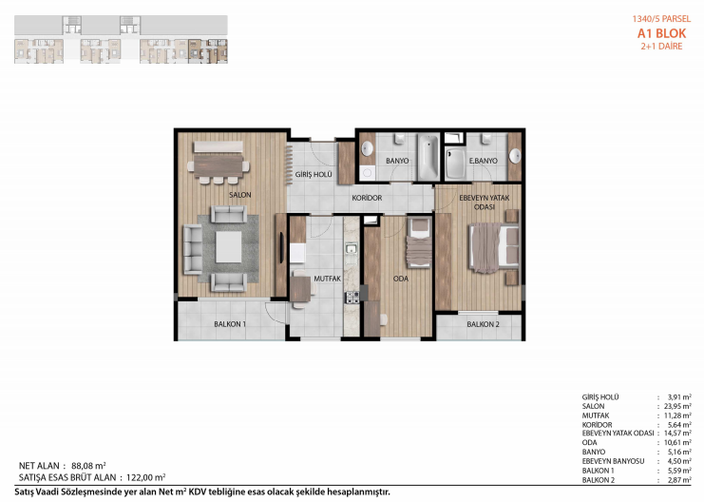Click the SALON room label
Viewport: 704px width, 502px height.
pyautogui.click(x=239, y=195)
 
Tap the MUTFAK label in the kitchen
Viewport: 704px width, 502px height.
pyautogui.click(x=328, y=279)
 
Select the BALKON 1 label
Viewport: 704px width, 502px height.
pyautogui.click(x=230, y=323)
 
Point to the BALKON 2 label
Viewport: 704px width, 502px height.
pyautogui.click(x=483, y=324)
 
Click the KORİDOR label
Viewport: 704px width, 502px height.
pyautogui.click(x=367, y=198)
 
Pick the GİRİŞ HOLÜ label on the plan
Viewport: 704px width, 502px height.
pyautogui.click(x=314, y=174)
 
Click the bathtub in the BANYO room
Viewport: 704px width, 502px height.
pyautogui.click(x=428, y=156)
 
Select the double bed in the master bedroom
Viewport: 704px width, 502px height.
pyautogui.click(x=493, y=247)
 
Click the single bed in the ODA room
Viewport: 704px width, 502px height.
pyautogui.click(x=419, y=242)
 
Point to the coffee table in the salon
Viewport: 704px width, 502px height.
pyautogui.click(x=229, y=247)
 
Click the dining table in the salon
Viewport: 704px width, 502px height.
pyautogui.click(x=219, y=166)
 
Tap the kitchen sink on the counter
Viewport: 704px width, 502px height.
pyautogui.click(x=352, y=248)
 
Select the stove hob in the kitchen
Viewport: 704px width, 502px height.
pyautogui.click(x=352, y=298)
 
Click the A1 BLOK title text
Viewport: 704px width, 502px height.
pyautogui.click(x=661, y=33)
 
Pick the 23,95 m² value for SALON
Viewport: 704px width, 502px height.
pyautogui.click(x=677, y=406)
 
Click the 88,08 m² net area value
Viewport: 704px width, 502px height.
pyautogui.click(x=88, y=466)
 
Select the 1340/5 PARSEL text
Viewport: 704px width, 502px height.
pyautogui.click(x=661, y=19)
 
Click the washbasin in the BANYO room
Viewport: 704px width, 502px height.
pyautogui.click(x=368, y=148)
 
